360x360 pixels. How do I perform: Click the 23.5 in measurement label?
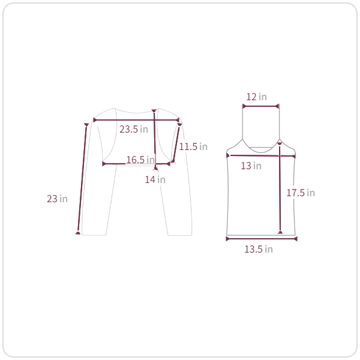[134, 129]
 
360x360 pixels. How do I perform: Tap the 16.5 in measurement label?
[140, 160]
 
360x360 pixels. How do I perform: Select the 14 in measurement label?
[155, 179]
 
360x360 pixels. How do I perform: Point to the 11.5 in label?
[193, 146]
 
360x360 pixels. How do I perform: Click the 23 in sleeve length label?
[57, 199]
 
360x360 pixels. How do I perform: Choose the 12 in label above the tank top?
[256, 97]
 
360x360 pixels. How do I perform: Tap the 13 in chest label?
[251, 166]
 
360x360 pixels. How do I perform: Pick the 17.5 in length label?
[301, 193]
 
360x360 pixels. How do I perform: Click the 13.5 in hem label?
[259, 249]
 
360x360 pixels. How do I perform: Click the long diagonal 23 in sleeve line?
[82, 179]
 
